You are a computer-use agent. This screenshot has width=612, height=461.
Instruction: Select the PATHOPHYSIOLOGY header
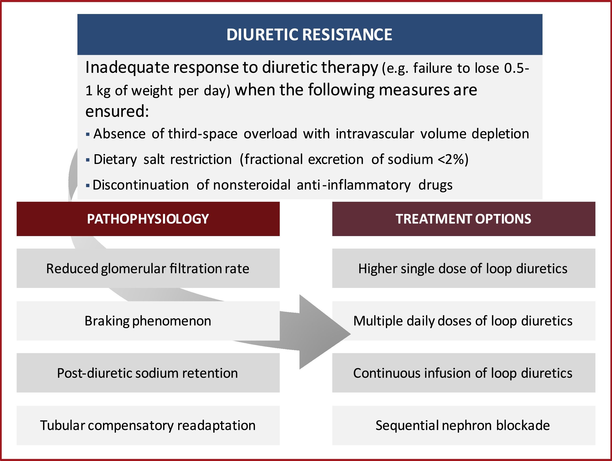(x=148, y=219)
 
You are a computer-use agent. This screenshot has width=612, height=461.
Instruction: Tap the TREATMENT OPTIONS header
(x=463, y=219)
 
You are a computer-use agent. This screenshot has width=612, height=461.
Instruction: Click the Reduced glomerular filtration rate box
(x=148, y=268)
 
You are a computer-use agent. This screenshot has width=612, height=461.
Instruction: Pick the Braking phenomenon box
(x=148, y=321)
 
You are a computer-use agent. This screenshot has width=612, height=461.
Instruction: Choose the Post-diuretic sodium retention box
(x=148, y=373)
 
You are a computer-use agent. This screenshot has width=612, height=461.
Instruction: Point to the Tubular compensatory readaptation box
(x=148, y=425)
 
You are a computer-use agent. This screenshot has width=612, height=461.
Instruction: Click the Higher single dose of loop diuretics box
(x=463, y=268)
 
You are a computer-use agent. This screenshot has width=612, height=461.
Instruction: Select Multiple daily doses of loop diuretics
(x=463, y=321)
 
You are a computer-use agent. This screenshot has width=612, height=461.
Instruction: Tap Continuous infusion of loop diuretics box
(x=463, y=373)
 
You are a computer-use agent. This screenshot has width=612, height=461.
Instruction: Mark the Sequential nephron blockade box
(x=463, y=425)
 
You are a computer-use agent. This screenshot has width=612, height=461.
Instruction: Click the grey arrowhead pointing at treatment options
(x=321, y=332)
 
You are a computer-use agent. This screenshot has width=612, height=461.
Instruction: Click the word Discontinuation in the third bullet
(x=141, y=185)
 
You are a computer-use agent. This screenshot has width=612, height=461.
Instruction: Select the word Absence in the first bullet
(x=119, y=134)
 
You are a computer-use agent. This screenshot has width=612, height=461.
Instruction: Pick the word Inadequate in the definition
(x=127, y=67)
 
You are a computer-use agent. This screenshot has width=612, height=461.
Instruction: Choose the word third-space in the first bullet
(x=203, y=134)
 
